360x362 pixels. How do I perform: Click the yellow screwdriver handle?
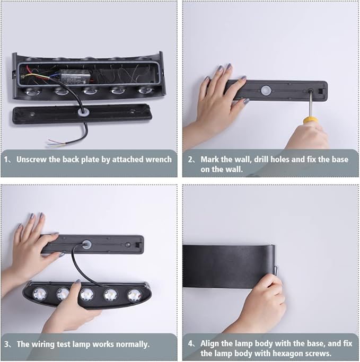point(311,120)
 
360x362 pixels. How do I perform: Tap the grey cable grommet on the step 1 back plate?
point(83,112)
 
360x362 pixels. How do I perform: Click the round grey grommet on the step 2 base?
point(266,90)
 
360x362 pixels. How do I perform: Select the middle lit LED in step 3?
point(87,295)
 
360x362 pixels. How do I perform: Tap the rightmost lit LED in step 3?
point(135,295)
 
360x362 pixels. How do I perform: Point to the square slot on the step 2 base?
point(321,91)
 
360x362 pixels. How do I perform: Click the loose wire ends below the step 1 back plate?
point(56,142)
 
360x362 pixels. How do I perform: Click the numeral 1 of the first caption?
point(6,160)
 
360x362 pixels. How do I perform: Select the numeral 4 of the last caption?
point(190,344)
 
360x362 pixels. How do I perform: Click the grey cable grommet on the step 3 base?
point(86,244)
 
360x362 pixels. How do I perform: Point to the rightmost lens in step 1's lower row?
point(146,90)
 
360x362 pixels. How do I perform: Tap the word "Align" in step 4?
point(209,343)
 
